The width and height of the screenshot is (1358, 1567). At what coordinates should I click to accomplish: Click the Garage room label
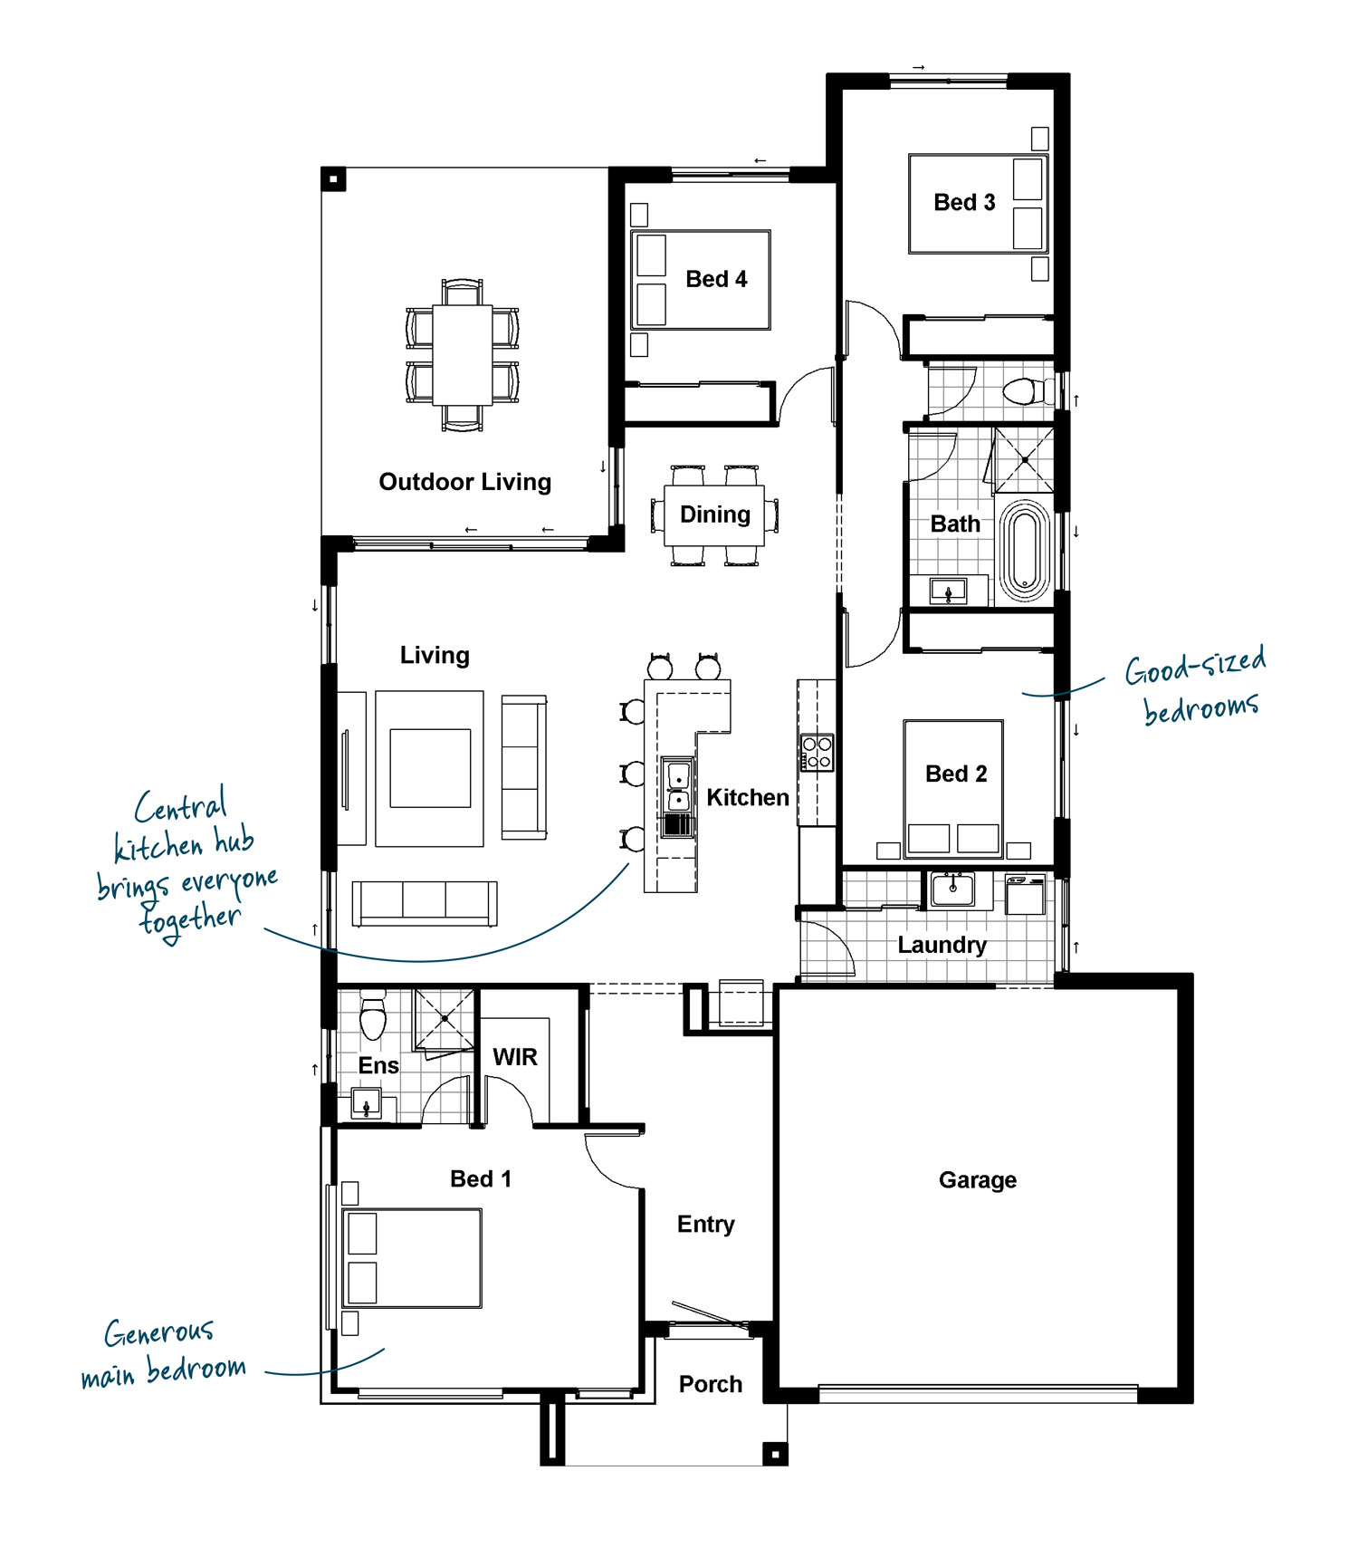click(x=977, y=1179)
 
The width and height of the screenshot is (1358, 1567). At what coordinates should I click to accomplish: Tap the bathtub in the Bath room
click(x=1025, y=551)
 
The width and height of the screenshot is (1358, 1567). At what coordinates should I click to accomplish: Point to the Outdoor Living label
click(x=464, y=482)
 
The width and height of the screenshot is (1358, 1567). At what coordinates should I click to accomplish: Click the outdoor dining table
click(x=463, y=355)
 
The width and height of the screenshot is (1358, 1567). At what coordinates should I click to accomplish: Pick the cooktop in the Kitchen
click(x=817, y=753)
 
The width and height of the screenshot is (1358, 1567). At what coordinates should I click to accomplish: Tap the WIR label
click(x=515, y=1057)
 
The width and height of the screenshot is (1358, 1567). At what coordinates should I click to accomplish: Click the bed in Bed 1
click(x=412, y=1258)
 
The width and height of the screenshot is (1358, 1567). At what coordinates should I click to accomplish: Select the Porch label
click(x=711, y=1384)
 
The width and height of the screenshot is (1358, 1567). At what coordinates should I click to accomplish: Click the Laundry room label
click(x=942, y=945)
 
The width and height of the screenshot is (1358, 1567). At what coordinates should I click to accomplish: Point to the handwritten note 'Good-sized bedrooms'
click(x=1195, y=686)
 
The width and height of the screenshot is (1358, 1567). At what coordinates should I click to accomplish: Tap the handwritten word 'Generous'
click(x=159, y=1332)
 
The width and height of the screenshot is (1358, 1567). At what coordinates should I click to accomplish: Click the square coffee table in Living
click(x=430, y=768)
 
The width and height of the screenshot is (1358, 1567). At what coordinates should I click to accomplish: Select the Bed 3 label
click(x=964, y=202)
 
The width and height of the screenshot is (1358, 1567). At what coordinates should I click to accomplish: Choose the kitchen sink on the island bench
click(x=678, y=786)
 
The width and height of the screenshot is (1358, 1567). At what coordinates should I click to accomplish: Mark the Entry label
click(x=705, y=1225)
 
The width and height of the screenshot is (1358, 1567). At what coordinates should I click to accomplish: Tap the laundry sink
click(x=952, y=889)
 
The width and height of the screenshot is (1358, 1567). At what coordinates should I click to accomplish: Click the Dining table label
click(x=715, y=514)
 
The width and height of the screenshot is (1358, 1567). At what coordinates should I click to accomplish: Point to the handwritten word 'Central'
click(x=180, y=805)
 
